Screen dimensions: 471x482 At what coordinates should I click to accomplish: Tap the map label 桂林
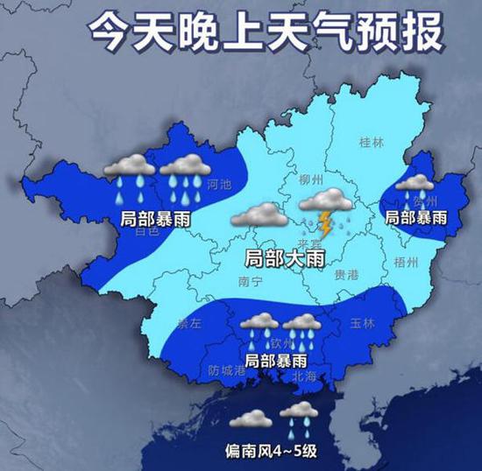coord(372,142)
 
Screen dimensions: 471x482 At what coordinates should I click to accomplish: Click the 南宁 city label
coord(251,283)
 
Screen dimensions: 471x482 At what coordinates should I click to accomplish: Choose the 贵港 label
coord(346,275)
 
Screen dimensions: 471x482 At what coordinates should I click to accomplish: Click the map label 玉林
coord(362,323)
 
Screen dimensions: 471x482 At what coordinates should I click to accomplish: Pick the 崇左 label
coord(188,322)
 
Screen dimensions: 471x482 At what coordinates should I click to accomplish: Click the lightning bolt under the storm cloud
coord(325,224)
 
